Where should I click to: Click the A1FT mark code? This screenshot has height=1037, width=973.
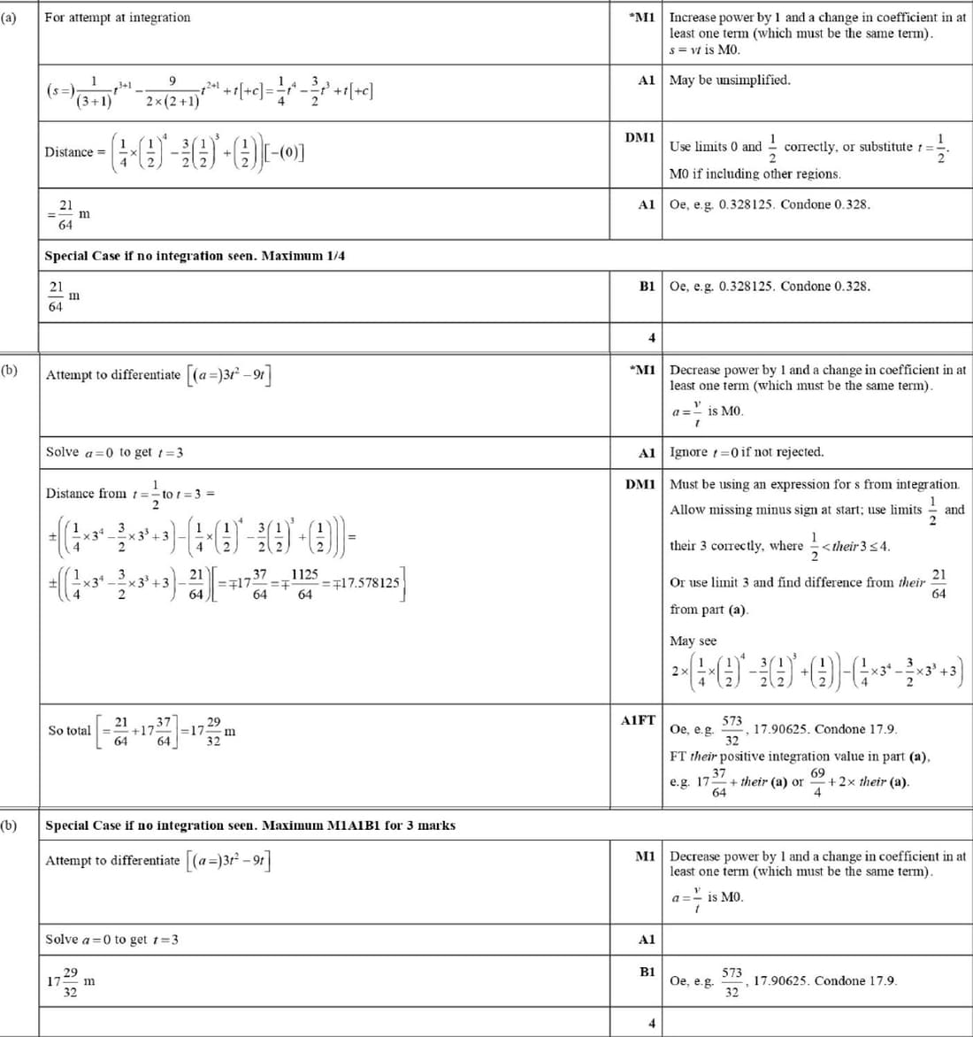pos(638,721)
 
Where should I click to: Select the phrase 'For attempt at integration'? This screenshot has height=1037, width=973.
pos(117,18)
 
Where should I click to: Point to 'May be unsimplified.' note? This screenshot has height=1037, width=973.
pos(730,81)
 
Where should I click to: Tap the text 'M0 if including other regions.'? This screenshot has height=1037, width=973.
pos(755,174)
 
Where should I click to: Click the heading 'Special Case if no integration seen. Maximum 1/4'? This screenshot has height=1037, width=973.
pos(195,257)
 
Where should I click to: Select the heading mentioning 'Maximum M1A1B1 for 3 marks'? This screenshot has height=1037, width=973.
pos(250,826)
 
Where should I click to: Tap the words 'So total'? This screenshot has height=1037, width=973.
pos(69,731)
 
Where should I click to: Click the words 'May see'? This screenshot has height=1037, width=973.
pos(693,641)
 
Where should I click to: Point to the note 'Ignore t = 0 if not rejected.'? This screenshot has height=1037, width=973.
pos(747,452)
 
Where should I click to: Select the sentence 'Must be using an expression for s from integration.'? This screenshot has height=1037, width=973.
pos(814,485)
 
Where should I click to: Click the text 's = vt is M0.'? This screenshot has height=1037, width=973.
pos(704,50)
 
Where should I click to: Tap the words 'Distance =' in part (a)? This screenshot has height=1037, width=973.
pos(69,152)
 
